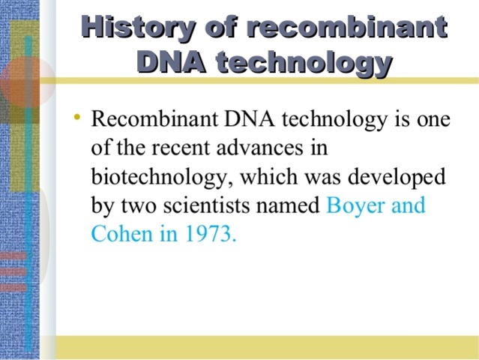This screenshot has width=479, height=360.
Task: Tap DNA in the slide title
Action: tap(168, 62)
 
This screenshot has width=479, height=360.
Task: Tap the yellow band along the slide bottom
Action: tap(262, 347)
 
